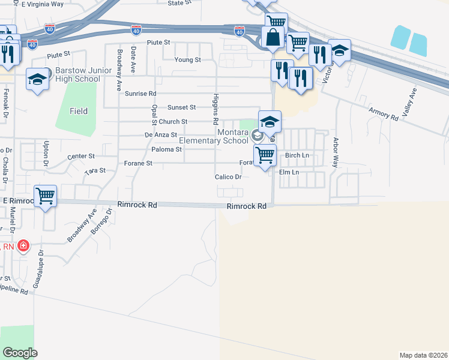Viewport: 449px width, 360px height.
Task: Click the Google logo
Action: click(x=20, y=353)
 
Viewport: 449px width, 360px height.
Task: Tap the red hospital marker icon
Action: click(x=23, y=246)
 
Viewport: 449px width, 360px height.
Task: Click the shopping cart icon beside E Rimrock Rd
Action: click(x=46, y=196)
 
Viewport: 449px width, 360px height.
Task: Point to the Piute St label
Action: click(x=159, y=43)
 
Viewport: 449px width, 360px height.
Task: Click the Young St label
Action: click(x=188, y=60)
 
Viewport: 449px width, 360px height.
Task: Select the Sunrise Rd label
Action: click(x=140, y=94)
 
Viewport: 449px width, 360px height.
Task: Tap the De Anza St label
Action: click(x=161, y=136)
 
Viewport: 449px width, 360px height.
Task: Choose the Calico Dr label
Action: click(x=228, y=177)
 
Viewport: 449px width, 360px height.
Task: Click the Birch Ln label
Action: click(x=297, y=155)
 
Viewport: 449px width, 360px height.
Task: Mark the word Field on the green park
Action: click(x=79, y=111)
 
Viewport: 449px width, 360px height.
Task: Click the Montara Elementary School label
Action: click(x=214, y=136)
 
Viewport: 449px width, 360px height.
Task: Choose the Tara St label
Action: click(x=95, y=171)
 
